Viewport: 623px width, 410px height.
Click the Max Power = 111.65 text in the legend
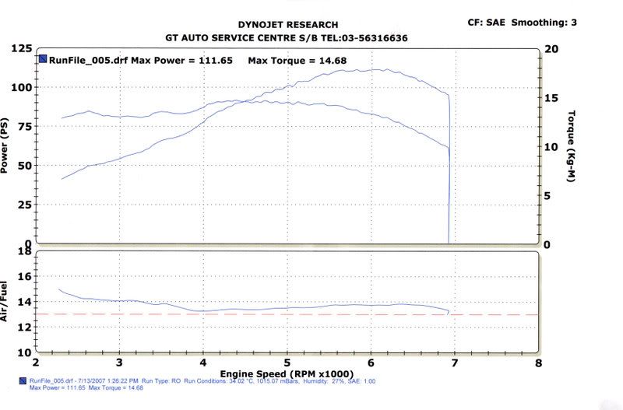185,59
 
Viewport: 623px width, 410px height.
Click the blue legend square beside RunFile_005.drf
42,58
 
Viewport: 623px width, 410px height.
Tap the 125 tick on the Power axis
21,48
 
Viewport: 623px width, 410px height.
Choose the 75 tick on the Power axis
25,127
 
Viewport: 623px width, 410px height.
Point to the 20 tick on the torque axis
553,48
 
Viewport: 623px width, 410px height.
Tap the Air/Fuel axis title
6,303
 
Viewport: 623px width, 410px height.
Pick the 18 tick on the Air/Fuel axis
23,252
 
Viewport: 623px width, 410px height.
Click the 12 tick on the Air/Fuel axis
23,327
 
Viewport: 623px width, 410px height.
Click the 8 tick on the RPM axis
538,363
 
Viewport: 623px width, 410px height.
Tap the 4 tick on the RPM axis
202,363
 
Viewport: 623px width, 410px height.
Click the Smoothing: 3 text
546,23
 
